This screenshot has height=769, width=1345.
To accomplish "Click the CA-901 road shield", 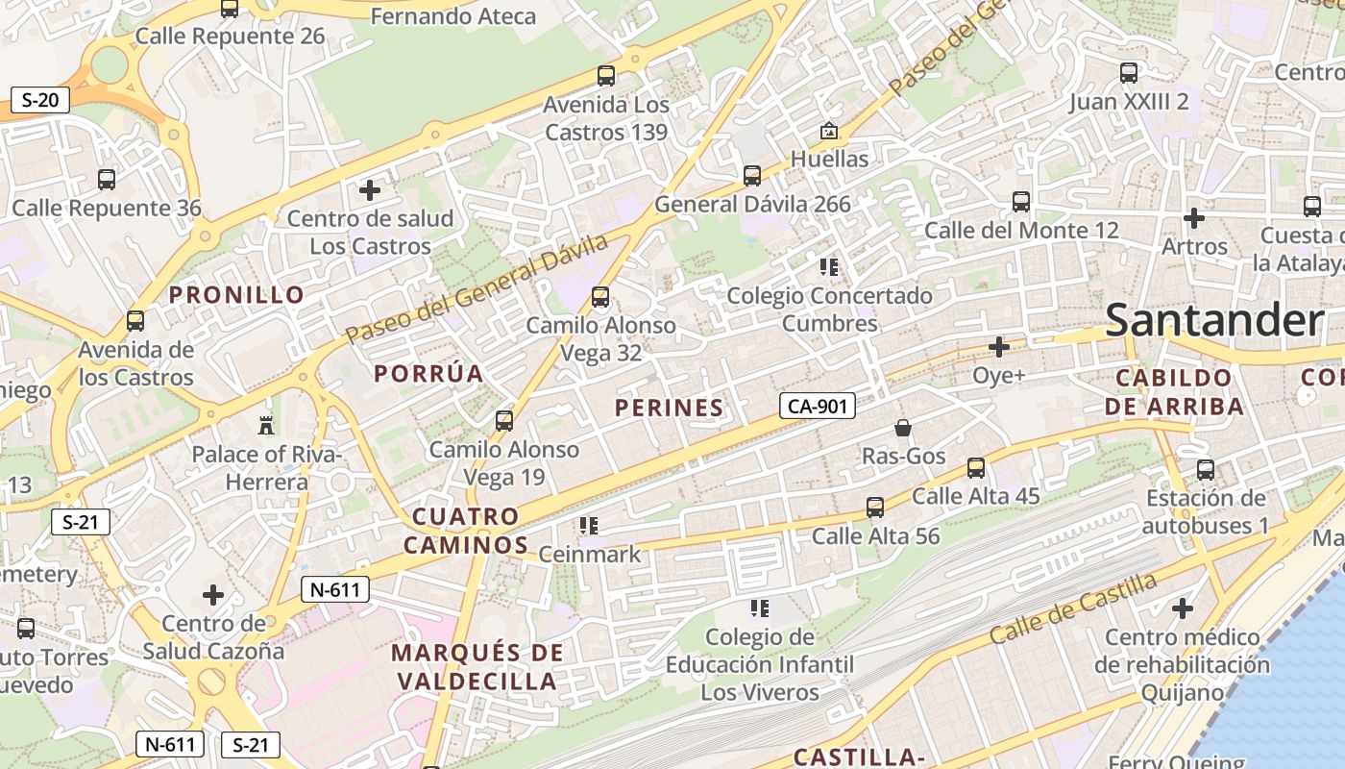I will (x=817, y=407).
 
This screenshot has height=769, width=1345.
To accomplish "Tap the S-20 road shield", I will (x=40, y=99).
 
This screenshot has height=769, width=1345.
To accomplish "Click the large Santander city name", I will (x=1214, y=320).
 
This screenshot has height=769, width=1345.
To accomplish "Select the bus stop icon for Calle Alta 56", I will (x=874, y=508).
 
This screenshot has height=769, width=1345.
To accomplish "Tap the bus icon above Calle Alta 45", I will (x=976, y=468).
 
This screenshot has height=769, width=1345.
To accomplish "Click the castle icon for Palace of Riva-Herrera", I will (x=266, y=425).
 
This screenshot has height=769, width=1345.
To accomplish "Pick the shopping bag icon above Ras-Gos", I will (x=902, y=428).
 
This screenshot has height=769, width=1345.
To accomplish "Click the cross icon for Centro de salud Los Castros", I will (x=370, y=190).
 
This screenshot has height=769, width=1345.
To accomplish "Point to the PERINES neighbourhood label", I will (x=669, y=408).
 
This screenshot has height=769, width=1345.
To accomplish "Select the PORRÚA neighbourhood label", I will (x=428, y=374).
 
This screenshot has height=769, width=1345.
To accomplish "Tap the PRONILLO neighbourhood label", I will (x=237, y=295).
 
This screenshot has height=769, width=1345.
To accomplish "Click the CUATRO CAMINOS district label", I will (x=466, y=531).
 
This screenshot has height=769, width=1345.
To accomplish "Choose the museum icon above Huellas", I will (x=828, y=131).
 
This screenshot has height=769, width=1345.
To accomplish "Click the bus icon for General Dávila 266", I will (x=752, y=176).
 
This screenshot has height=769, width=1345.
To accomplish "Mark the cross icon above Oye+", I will (x=999, y=346).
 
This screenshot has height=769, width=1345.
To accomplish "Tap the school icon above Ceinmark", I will (x=589, y=526).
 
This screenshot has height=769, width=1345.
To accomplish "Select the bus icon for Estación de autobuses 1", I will (x=1206, y=470).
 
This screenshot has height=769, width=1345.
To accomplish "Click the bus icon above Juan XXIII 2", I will (x=1129, y=73).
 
